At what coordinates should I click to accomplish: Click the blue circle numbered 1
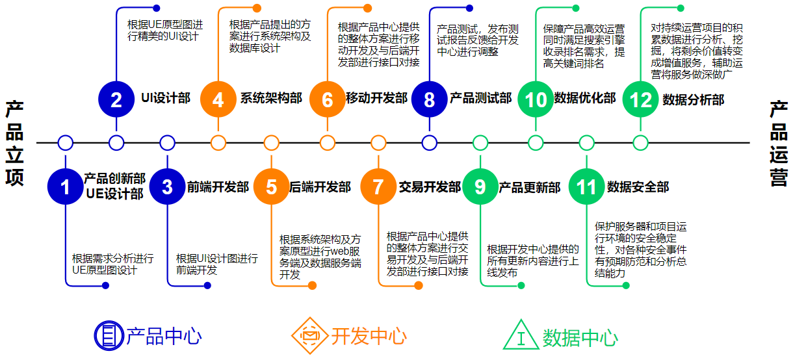click(x=65, y=187)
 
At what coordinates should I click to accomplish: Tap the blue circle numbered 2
click(x=116, y=99)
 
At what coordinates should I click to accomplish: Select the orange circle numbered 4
click(x=218, y=99)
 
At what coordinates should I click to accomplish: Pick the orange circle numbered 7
click(x=378, y=187)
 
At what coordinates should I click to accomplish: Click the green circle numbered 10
click(x=536, y=99)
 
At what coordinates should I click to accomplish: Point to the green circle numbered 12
click(x=640, y=99)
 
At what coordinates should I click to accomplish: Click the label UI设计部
click(x=166, y=99)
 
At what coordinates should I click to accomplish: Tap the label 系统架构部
click(x=271, y=99)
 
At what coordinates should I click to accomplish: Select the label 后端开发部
click(x=320, y=187)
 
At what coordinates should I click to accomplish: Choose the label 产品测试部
click(x=480, y=99)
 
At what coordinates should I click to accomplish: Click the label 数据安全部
click(x=638, y=187)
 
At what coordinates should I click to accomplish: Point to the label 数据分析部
click(x=693, y=99)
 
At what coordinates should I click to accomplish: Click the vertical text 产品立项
click(x=14, y=143)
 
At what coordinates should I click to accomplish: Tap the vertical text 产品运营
click(x=778, y=143)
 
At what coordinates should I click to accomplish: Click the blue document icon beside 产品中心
click(x=107, y=335)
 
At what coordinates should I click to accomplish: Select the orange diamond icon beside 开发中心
click(x=309, y=335)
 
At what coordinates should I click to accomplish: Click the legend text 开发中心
click(x=369, y=337)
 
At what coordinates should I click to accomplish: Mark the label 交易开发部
click(x=430, y=187)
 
